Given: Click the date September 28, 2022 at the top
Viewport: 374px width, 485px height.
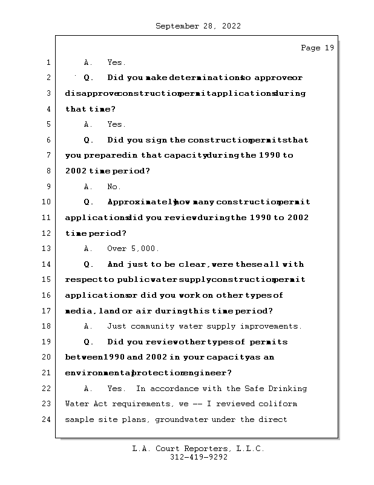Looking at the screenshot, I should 198,26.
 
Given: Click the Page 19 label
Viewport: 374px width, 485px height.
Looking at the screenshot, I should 317,48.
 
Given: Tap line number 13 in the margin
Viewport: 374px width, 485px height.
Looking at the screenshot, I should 47,249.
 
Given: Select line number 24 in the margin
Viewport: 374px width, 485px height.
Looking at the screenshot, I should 47,420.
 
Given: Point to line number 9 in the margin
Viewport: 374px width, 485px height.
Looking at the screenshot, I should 47,187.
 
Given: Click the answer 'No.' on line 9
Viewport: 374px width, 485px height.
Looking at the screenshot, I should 114,187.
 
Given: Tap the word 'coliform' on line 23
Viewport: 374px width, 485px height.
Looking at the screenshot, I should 278,404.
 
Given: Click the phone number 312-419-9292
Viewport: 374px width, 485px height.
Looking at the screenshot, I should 198,458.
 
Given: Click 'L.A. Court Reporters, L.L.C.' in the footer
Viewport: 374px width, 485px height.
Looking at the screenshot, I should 198,449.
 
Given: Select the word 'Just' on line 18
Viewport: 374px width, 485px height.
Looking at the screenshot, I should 117,326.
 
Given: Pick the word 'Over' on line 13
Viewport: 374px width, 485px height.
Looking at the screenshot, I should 117,249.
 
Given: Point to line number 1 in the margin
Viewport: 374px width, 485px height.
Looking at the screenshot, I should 47,62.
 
